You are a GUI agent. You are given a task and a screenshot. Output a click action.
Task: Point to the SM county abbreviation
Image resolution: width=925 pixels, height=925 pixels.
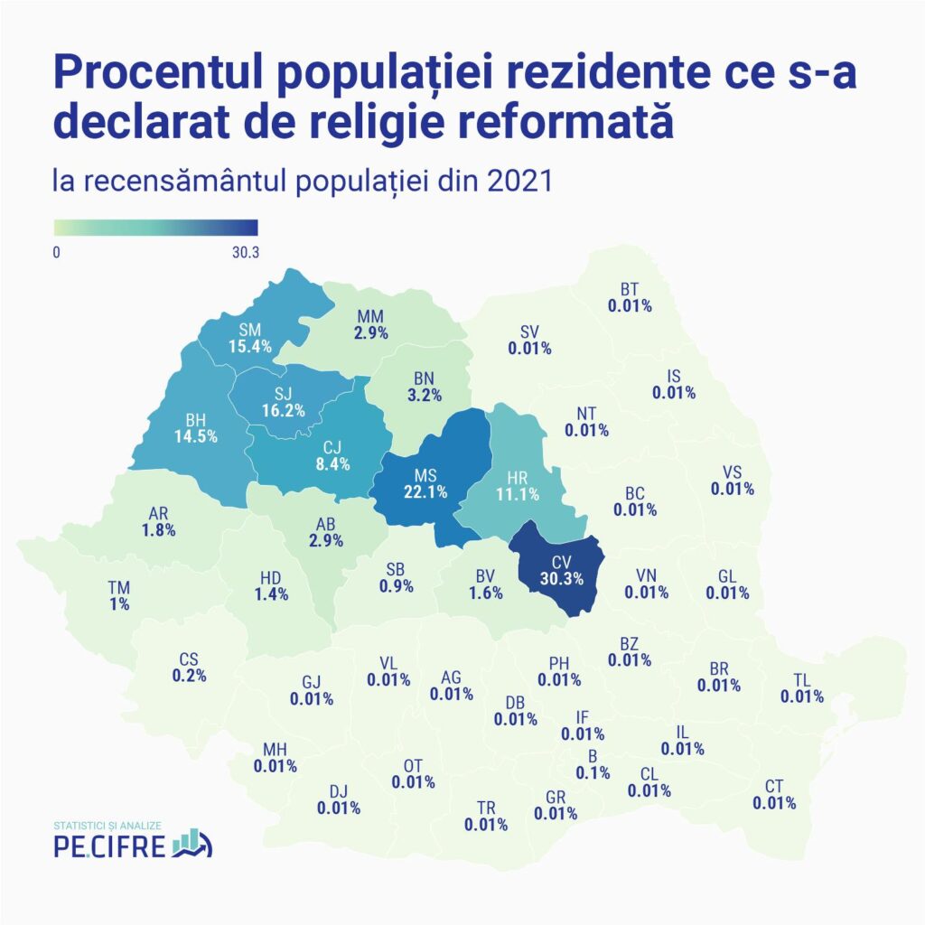coord(250,330)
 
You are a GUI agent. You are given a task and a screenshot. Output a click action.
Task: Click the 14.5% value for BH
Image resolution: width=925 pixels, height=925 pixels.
coord(193,434)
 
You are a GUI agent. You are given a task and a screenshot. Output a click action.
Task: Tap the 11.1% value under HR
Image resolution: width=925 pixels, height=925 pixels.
coord(518,494)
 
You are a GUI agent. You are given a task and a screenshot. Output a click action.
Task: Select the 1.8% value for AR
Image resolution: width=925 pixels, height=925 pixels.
coord(158,530)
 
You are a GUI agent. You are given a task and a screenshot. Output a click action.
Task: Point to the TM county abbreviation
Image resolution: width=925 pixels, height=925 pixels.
coord(118,587)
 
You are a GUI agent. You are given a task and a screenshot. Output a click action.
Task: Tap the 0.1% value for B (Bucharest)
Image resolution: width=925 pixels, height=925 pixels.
coord(593,772)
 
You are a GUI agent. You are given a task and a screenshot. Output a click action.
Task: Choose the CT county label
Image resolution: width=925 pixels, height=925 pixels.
coord(774,786)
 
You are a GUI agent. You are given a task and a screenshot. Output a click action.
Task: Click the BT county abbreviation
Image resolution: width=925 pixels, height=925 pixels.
coord(630,289)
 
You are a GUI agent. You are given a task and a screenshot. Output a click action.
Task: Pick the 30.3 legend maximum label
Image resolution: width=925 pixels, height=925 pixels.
coord(245,252)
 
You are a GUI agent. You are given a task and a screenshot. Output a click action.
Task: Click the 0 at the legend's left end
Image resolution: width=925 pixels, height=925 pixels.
coord(57,252)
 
